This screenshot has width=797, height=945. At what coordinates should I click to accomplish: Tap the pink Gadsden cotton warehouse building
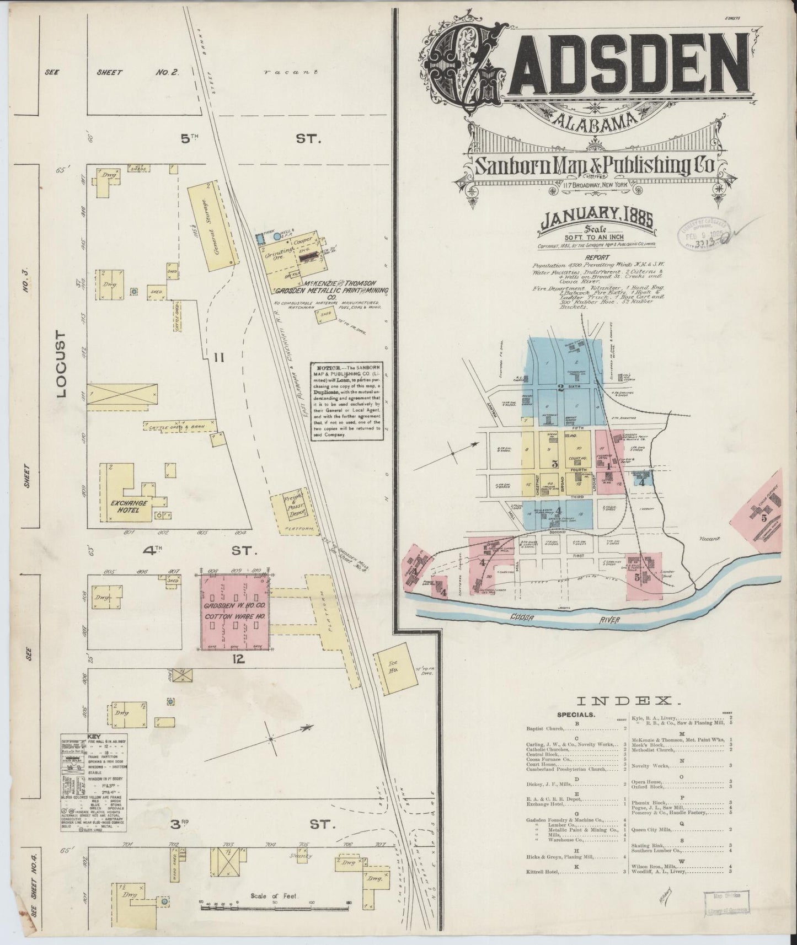234,612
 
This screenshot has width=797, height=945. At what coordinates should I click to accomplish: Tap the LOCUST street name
60,364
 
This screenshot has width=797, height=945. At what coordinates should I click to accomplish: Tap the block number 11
219,358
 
